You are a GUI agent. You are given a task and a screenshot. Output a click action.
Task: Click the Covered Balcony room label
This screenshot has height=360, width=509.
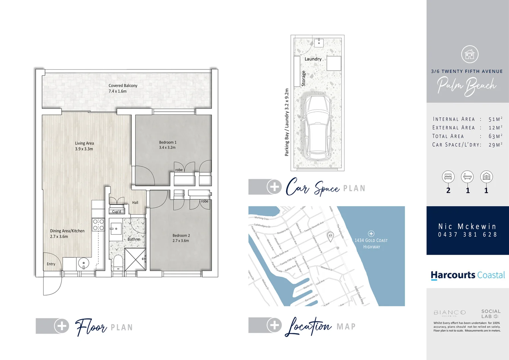123,86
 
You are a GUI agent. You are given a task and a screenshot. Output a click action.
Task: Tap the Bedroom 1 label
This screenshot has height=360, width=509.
168,142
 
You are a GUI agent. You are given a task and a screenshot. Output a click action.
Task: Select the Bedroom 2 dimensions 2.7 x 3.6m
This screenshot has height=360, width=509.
181,241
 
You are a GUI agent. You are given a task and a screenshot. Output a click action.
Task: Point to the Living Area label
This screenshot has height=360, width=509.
84,143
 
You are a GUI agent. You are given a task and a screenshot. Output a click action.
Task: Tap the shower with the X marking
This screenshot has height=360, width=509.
135,259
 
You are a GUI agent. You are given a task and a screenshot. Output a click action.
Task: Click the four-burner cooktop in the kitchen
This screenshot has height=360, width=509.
98,225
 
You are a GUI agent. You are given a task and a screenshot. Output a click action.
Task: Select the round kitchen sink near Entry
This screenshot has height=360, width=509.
83,263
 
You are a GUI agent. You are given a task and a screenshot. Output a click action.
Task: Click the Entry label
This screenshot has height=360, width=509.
51,264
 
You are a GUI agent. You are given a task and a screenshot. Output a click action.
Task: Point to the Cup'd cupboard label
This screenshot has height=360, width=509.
117,212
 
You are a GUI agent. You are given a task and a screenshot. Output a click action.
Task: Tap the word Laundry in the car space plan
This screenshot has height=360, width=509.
313,59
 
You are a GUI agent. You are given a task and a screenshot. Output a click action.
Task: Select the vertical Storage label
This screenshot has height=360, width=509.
303,78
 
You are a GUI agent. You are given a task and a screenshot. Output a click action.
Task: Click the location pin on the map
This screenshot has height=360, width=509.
330,236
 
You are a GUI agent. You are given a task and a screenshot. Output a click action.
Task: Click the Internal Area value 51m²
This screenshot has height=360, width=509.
495,119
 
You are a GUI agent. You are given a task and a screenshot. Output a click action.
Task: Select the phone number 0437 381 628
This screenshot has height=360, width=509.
467,235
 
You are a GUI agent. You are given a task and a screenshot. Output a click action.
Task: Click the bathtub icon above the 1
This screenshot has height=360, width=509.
467,177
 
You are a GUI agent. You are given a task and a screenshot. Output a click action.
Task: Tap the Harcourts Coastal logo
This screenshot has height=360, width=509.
467,275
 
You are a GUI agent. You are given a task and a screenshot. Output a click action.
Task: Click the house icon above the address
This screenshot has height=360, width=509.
470,54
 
